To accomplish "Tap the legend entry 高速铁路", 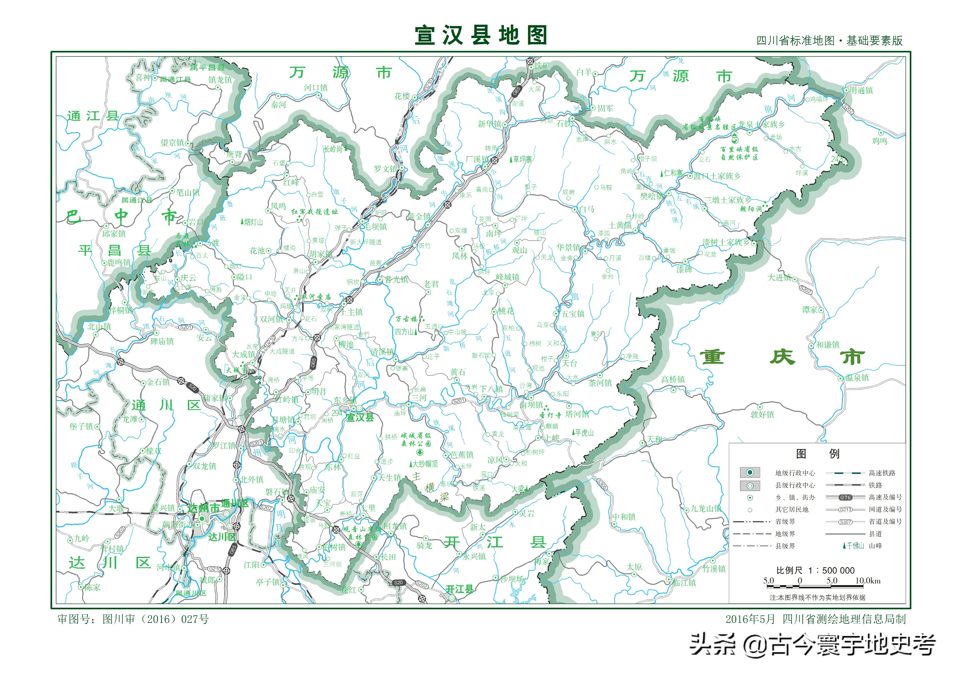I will click(882, 473).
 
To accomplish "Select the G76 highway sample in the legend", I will click(845, 497).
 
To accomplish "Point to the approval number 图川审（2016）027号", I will click(155, 619).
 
